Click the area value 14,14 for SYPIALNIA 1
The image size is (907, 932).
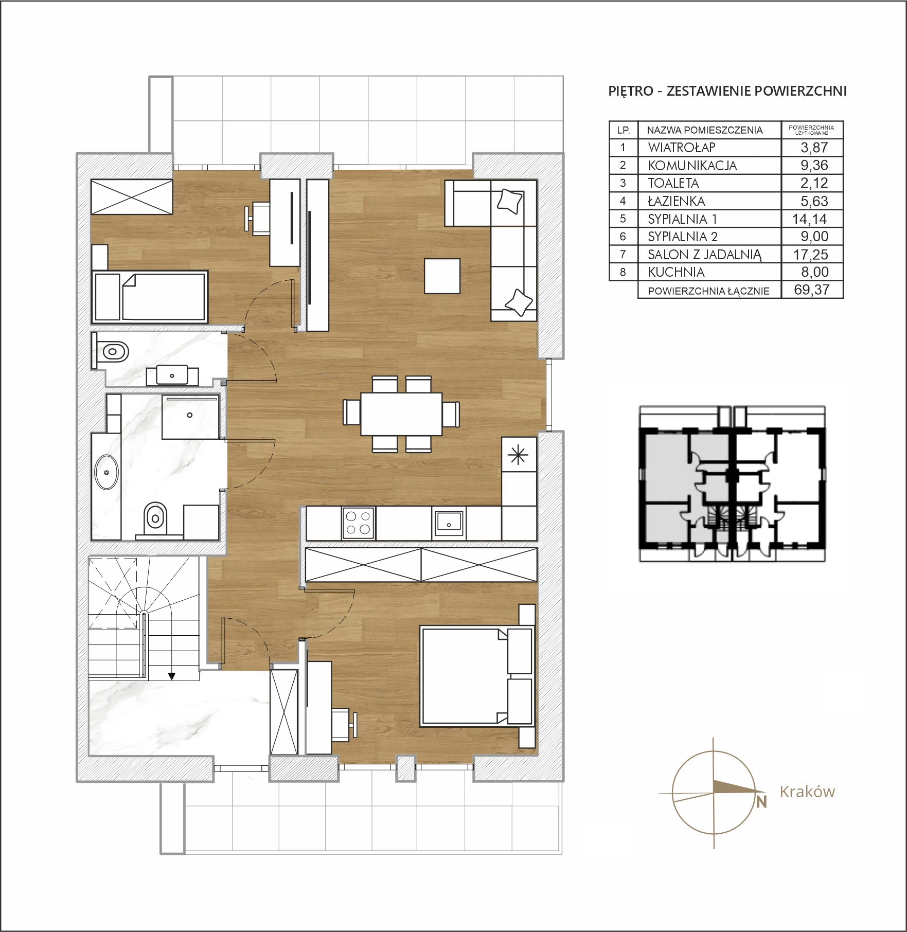(810, 219)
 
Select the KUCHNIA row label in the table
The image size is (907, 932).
(676, 272)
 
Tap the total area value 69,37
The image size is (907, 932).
(812, 289)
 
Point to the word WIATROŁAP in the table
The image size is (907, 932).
(682, 148)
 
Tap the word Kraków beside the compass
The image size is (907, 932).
(807, 792)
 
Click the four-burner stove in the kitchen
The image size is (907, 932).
(359, 523)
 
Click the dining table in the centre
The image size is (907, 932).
(401, 414)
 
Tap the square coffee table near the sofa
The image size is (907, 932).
(442, 276)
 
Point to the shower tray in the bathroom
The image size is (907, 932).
(190, 417)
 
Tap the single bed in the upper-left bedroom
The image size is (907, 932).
(150, 297)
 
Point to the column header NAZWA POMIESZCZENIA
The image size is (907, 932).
(705, 130)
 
